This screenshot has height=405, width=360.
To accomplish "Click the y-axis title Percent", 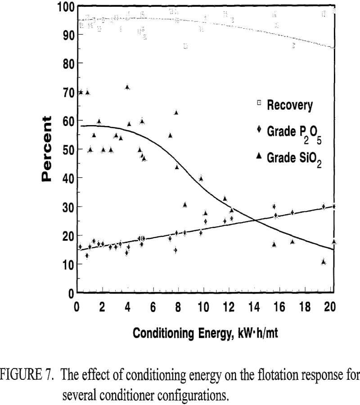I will click(46, 148).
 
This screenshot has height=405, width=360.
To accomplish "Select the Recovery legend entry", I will click(289, 105).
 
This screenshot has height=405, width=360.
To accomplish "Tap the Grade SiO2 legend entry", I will click(294, 158).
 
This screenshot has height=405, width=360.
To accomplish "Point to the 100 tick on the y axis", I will click(66, 8).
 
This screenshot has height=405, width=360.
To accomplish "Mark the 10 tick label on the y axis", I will click(66, 265).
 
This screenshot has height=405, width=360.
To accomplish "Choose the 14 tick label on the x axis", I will click(254, 307).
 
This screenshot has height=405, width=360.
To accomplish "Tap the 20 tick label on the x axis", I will click(330, 307).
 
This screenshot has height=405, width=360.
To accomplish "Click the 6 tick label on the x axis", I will click(153, 307).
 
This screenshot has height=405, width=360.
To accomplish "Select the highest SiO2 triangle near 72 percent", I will click(127, 87).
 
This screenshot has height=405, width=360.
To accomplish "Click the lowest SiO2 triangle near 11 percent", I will click(324, 261).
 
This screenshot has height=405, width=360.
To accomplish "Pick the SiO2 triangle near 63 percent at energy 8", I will click(176, 112).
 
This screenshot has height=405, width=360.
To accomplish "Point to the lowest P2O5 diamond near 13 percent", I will click(87, 256).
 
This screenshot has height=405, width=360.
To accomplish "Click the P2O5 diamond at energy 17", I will click(292, 212).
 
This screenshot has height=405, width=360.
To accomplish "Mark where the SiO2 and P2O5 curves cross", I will click(255, 220).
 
